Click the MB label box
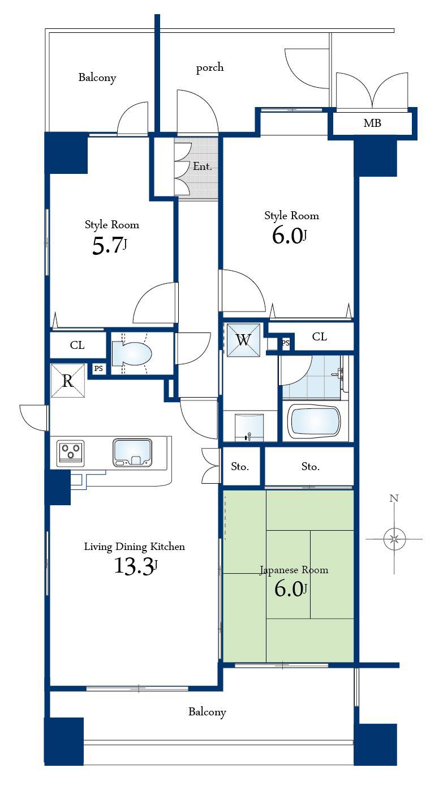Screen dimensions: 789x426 tap(372, 123)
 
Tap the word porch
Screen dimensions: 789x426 tap(210, 68)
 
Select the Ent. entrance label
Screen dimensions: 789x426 tap(203, 167)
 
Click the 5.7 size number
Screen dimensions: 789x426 tap(107, 246)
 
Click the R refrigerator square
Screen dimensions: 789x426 tap(67, 381)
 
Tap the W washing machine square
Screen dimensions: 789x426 tap(243, 340)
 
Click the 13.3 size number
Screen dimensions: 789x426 tap(134, 566)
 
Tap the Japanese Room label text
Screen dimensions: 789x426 tap(294, 570)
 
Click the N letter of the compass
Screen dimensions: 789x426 tap(394, 498)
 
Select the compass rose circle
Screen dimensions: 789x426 tap(394, 539)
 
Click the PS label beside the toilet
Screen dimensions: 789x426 tap(99, 369)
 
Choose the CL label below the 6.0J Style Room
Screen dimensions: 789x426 tap(319, 337)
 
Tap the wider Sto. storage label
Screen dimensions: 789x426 tap(310, 467)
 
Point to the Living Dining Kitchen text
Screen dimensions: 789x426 tap(134, 547)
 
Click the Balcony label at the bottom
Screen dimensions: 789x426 tap(207, 712)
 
